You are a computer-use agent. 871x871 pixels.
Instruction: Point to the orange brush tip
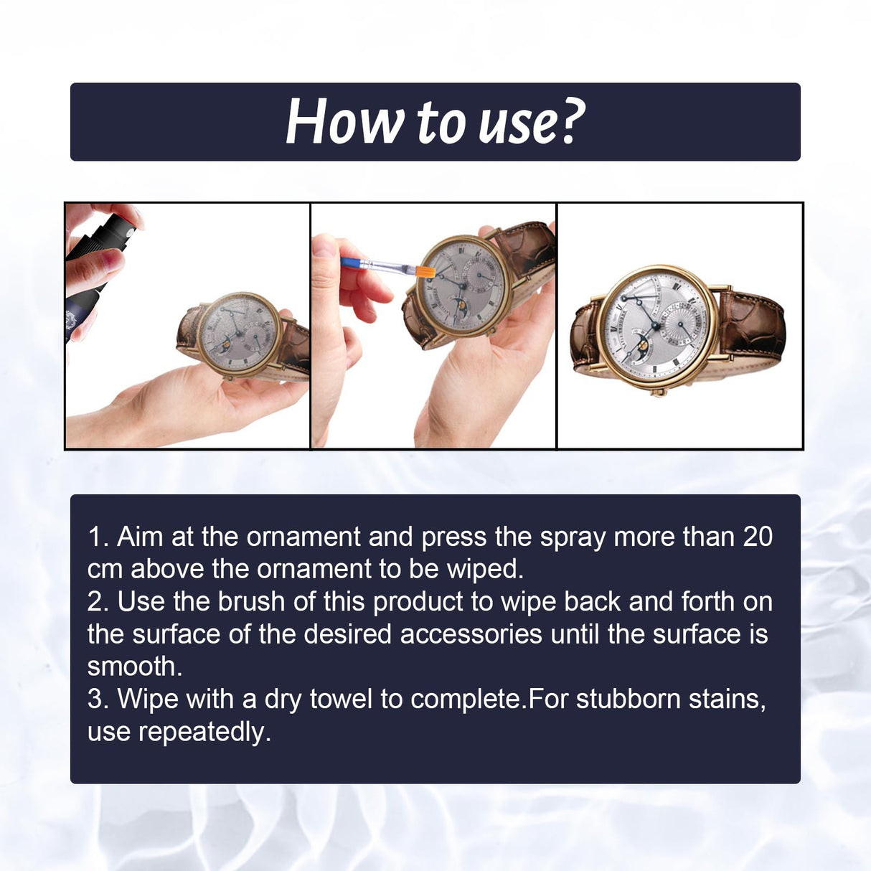pyautogui.click(x=425, y=272)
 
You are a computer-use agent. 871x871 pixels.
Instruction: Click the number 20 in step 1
pyautogui.click(x=757, y=537)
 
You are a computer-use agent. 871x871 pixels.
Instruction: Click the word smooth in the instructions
pyautogui.click(x=134, y=667)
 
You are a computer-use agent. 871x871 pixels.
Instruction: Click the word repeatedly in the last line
pyautogui.click(x=204, y=732)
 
